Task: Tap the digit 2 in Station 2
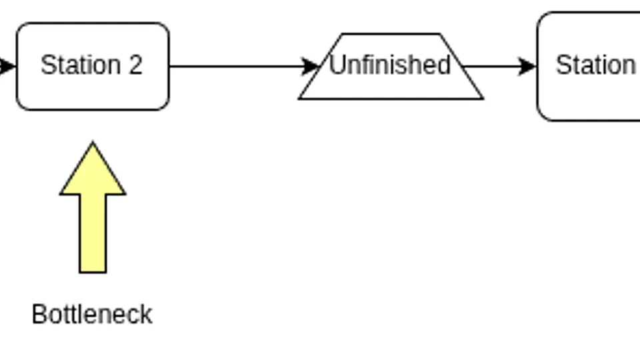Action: pos(135,65)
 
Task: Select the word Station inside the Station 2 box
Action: pos(81,65)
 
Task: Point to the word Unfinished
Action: pos(390,65)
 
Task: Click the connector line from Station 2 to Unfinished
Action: pos(244,66)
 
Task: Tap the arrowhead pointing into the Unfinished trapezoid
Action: pos(310,66)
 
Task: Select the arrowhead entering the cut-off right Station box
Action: pos(527,66)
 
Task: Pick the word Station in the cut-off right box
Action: pos(596,65)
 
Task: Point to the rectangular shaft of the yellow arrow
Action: pos(93,233)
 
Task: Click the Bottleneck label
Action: pos(92,314)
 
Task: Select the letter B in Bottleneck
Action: pos(39,314)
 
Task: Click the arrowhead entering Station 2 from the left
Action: pos(7,66)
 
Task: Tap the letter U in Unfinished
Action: pos(337,65)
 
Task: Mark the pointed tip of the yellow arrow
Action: pos(93,142)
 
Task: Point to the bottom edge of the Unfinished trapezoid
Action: pos(391,99)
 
